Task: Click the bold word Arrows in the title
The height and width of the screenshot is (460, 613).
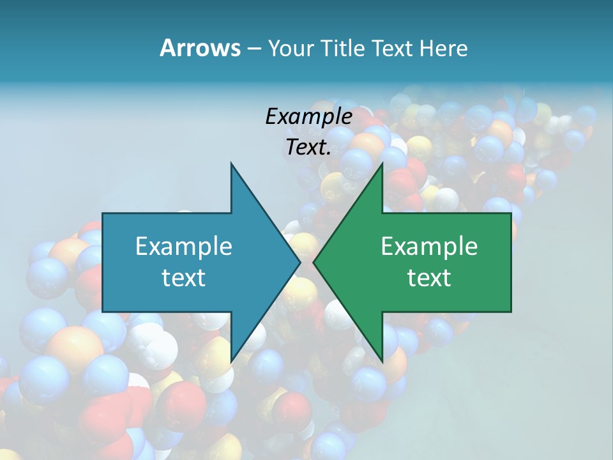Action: click(x=199, y=48)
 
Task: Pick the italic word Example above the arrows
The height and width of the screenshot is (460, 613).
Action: click(x=309, y=116)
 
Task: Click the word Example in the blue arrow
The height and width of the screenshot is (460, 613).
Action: click(x=184, y=247)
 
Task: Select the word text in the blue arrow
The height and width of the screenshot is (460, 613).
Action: click(x=184, y=277)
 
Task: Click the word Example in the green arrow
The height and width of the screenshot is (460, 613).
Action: click(x=429, y=247)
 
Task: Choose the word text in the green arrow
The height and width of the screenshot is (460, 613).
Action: click(x=429, y=277)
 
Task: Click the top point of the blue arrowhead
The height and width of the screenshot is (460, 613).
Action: click(x=231, y=164)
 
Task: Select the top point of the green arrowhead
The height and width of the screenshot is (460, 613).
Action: click(x=382, y=164)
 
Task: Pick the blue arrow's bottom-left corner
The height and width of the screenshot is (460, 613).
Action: click(x=103, y=311)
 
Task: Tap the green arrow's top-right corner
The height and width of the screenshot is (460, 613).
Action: click(x=511, y=213)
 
